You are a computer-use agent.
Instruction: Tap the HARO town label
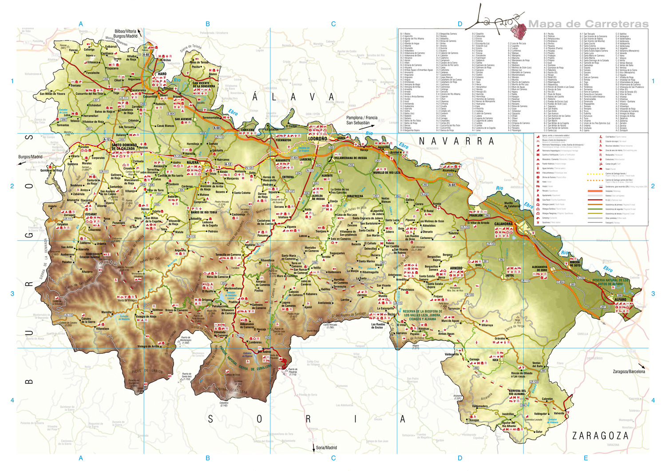point(162,74)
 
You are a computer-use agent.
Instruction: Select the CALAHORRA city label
point(503,224)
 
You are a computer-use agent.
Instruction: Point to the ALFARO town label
point(620,299)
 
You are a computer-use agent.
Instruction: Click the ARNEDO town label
point(456,268)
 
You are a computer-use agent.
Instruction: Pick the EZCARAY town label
point(91,214)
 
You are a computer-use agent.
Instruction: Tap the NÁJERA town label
point(193,162)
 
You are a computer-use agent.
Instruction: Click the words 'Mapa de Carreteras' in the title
point(588,24)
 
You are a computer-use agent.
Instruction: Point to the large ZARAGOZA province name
point(600,435)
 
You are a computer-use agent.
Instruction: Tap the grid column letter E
point(586,458)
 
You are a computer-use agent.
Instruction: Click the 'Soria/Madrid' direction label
point(326,447)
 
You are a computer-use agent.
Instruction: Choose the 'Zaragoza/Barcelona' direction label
point(629,372)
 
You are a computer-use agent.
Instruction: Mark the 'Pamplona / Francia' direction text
point(362,118)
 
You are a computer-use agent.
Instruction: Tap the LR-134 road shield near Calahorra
point(491,244)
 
